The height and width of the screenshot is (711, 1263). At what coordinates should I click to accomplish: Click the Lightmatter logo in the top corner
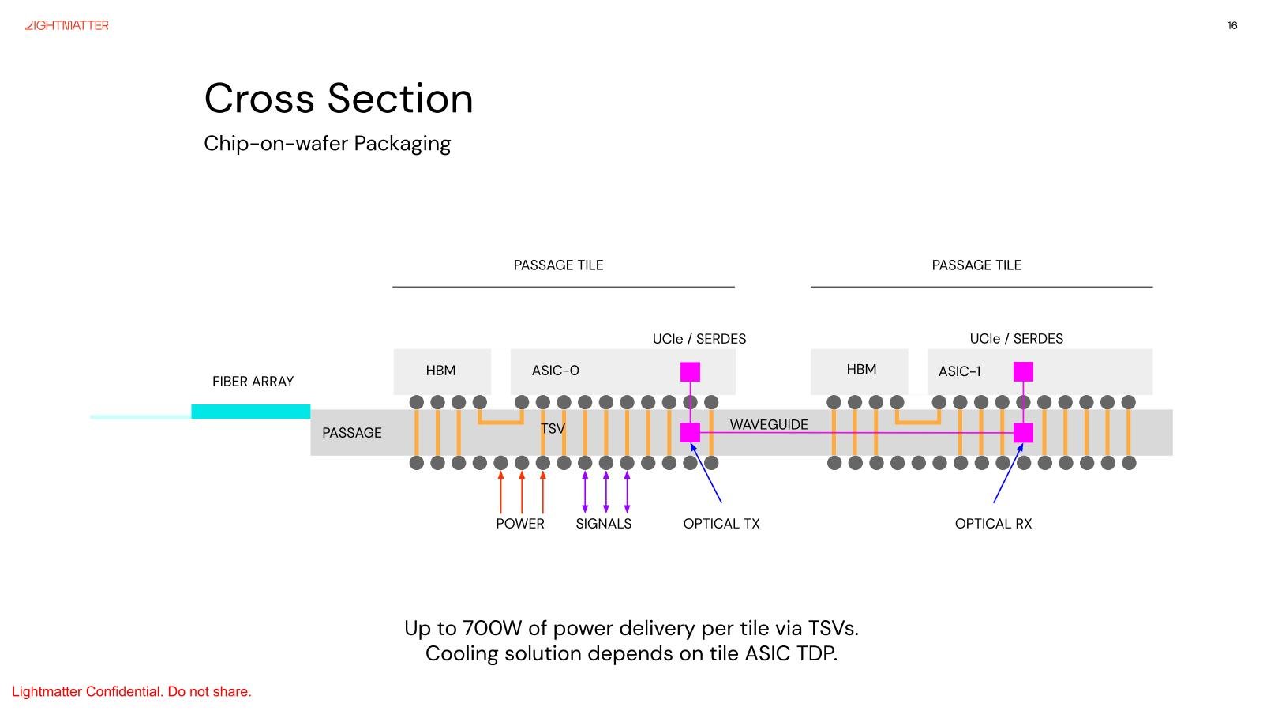pos(67,25)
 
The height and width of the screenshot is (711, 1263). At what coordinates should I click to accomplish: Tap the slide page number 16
pos(1232,25)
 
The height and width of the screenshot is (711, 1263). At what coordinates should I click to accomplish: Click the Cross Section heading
pos(339,99)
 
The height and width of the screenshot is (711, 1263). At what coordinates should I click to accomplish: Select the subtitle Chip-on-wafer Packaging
pos(327,144)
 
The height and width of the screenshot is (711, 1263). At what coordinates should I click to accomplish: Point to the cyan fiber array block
pos(251,412)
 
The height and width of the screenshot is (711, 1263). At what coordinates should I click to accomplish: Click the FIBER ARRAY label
pos(253,382)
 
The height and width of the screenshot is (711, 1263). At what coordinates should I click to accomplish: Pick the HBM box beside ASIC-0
pos(442,371)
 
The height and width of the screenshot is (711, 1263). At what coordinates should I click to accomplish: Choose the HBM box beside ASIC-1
pos(860,371)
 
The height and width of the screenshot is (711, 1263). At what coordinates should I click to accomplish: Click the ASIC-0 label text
pos(556,371)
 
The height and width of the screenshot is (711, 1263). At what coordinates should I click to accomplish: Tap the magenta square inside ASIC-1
pos(1023,372)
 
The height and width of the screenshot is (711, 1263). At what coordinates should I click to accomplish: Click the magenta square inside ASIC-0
pos(690,372)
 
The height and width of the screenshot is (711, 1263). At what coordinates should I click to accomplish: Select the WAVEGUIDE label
pos(769,424)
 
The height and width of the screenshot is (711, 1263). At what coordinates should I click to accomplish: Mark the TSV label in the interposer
pos(553,429)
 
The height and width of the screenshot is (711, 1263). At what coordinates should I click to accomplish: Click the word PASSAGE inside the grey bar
pos(352,433)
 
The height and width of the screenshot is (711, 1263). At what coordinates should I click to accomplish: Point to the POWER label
pos(520,524)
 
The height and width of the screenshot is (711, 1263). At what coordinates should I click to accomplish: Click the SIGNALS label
pos(603,524)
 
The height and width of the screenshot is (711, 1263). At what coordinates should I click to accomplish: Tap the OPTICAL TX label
pos(721,524)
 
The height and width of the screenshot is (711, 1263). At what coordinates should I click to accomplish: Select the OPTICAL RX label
pos(994,524)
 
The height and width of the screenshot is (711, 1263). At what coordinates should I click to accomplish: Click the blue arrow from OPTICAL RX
pos(1008,473)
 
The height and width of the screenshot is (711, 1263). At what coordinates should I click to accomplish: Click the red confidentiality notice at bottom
pos(131,692)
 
